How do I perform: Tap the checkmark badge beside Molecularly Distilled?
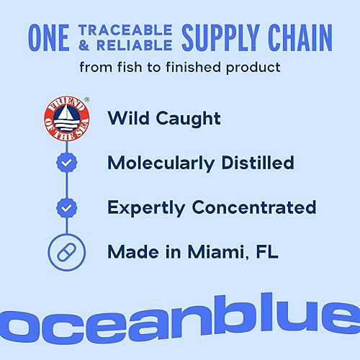point(67,163)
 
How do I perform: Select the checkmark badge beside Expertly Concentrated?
point(67,208)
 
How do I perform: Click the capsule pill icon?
point(67,253)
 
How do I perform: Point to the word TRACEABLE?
point(125,29)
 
